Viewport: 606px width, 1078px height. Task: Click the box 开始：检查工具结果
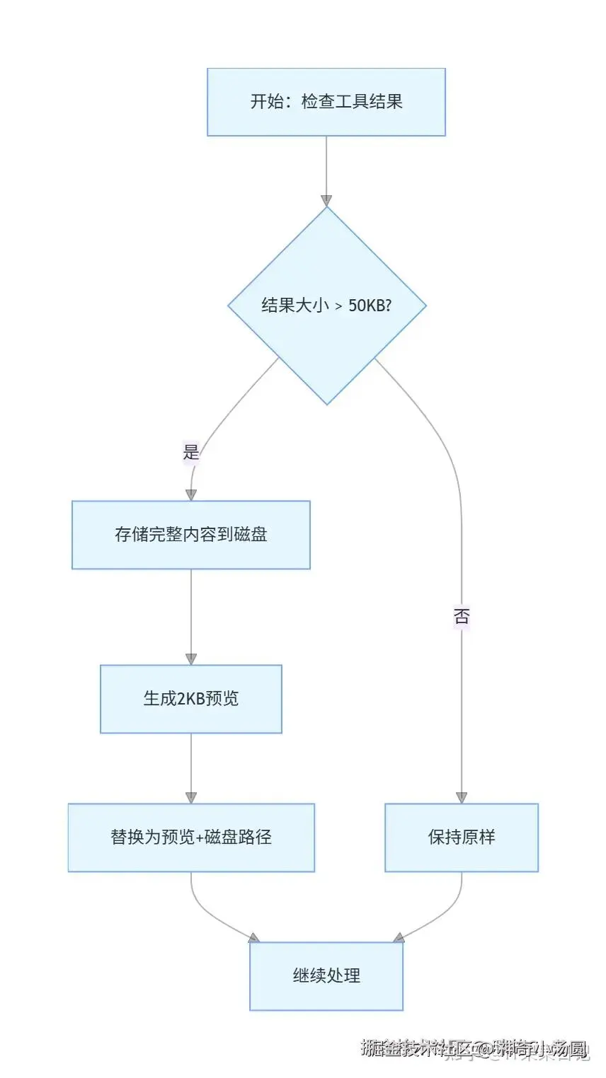point(326,102)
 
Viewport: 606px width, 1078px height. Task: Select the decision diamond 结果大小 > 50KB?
point(326,306)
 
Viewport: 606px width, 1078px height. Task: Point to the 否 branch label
point(462,616)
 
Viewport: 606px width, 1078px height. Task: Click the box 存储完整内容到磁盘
point(191,535)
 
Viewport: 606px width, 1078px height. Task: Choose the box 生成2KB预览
point(191,699)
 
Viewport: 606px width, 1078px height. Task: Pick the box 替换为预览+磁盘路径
point(191,838)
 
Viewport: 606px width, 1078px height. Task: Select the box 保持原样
point(462,838)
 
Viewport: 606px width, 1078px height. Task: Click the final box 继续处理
point(326,976)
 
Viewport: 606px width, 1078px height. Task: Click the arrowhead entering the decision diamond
point(326,200)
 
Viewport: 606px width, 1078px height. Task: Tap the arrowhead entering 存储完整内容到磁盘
point(191,494)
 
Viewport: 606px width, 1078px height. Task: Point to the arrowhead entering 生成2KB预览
point(191,659)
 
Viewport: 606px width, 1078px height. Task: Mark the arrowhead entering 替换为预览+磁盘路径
point(191,797)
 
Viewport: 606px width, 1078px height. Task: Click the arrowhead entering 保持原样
point(462,797)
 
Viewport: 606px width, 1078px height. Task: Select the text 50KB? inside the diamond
point(371,306)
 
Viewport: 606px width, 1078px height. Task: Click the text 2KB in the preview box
point(190,699)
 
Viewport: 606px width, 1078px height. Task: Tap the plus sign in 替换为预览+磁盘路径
point(199,838)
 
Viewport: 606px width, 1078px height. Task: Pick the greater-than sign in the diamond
point(339,306)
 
